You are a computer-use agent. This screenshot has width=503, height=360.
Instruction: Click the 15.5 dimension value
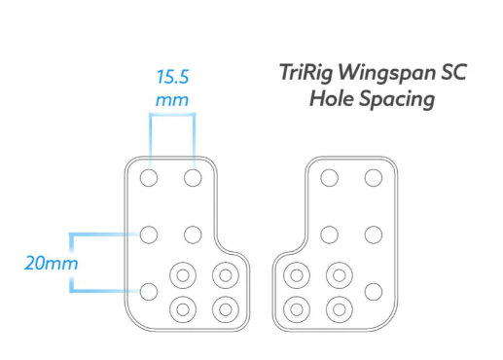(172, 77)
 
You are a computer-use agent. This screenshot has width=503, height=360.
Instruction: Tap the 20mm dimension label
(52, 263)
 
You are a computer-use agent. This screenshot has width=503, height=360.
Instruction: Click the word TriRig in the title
(305, 72)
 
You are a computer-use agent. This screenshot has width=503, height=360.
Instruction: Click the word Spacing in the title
(397, 99)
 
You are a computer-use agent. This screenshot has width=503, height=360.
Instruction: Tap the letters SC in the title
(453, 72)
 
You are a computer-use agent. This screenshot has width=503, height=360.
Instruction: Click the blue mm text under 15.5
(172, 100)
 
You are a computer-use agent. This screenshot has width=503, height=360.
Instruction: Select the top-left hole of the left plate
(149, 178)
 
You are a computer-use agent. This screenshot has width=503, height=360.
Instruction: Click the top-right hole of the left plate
(193, 178)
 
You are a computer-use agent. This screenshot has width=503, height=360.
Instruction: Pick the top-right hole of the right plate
(374, 178)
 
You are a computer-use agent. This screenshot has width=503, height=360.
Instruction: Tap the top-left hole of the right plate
(329, 178)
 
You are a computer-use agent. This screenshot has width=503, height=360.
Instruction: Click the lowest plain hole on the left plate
(149, 292)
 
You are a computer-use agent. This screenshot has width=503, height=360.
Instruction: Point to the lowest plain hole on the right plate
(374, 292)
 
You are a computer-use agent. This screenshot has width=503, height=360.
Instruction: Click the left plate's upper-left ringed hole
(183, 275)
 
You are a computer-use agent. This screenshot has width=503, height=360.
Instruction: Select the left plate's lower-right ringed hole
(226, 309)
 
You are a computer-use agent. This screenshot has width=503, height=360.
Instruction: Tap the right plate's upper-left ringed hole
(297, 275)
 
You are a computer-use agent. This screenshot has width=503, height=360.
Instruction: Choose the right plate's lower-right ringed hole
(340, 309)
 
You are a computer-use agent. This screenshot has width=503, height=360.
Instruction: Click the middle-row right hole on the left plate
(193, 234)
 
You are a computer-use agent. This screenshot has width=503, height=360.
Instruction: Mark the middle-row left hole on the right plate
(329, 234)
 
